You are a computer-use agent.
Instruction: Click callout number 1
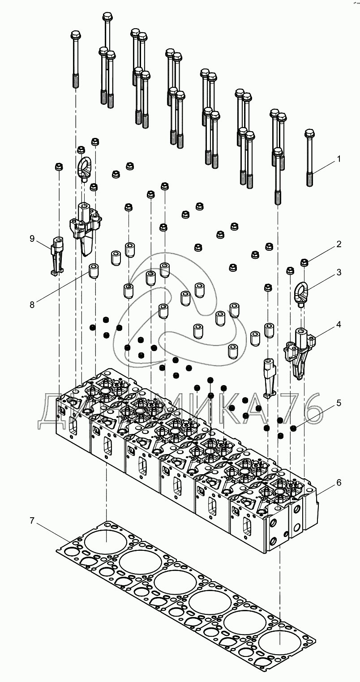339,159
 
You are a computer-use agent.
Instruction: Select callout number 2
339,244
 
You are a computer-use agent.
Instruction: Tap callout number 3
339,272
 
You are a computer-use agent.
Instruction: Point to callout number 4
339,324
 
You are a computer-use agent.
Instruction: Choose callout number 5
339,403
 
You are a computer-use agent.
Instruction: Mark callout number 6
339,482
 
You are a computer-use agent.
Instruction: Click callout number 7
32,520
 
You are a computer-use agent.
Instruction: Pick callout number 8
32,305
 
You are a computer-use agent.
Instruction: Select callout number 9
32,239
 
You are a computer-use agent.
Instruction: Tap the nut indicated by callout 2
304,262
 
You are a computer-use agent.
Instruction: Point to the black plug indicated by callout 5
294,429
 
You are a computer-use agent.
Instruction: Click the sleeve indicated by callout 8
94,271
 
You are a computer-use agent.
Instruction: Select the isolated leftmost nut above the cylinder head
59,167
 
